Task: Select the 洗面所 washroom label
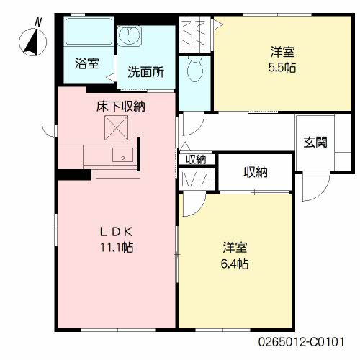point(145,72)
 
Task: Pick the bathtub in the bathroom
point(88,32)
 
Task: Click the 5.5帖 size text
point(282,67)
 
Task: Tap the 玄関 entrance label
point(315,141)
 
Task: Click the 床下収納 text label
point(122,107)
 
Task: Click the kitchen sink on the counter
point(122,155)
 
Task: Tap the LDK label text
point(117,232)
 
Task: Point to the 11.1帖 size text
point(117,248)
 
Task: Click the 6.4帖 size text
point(234,264)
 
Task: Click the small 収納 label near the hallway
point(196,159)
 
